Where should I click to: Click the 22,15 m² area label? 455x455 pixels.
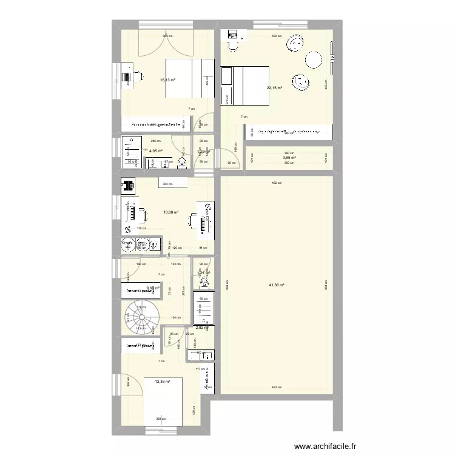pos(275,87)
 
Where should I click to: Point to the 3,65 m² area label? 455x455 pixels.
pos(289,158)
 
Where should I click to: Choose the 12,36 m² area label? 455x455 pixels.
pos(163,382)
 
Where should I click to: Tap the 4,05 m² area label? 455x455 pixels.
pos(157,150)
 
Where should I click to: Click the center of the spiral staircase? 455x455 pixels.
pos(139,316)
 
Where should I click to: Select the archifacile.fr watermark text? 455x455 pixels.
pos(325,447)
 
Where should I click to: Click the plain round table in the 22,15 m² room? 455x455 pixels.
pos(314,59)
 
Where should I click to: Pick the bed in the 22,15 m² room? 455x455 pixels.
pos(250,85)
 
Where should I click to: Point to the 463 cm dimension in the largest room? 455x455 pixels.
pos(276,386)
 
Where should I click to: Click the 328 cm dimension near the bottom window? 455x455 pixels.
pos(160,419)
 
